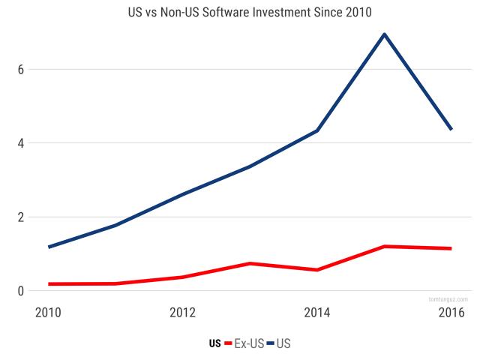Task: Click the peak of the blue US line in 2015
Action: point(385,34)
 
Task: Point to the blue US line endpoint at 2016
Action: point(451,129)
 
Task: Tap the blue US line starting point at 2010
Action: point(49,247)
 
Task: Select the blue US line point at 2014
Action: point(318,130)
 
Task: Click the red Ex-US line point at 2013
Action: point(251,263)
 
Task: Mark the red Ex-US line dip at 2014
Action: point(318,270)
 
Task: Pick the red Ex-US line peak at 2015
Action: point(385,246)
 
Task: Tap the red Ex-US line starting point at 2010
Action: point(49,284)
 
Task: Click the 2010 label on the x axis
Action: point(49,311)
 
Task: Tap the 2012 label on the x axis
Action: point(184,311)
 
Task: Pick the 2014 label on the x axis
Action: point(318,311)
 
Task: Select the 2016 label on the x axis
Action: point(450,311)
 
